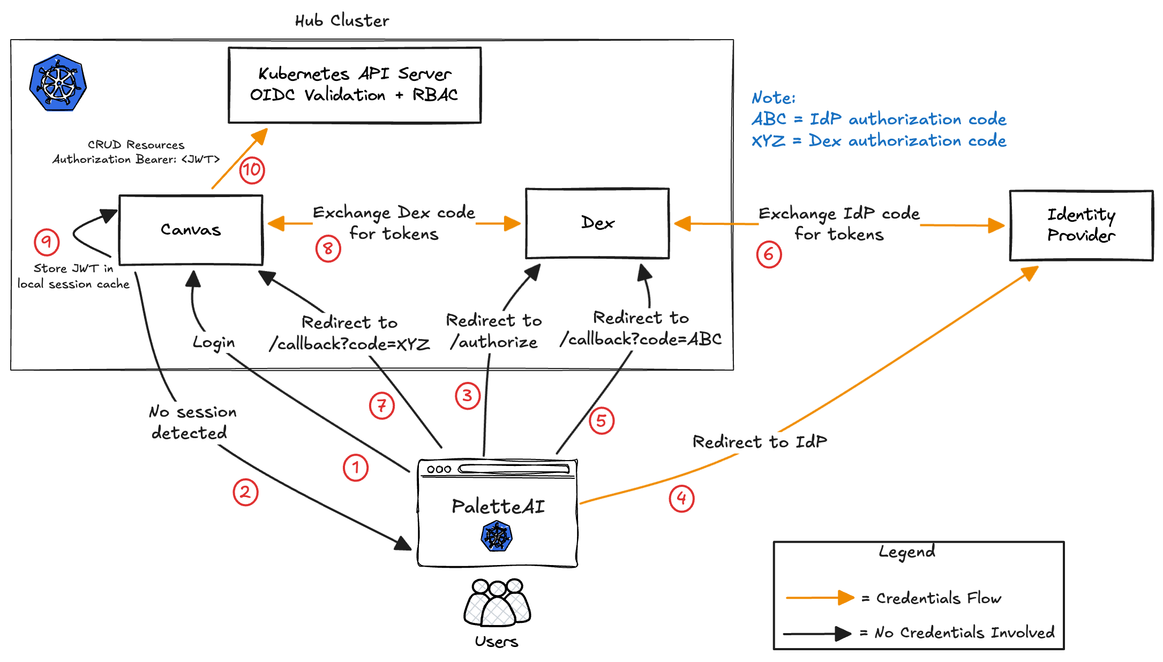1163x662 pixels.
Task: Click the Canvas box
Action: coord(191,230)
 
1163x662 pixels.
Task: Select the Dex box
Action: coord(597,223)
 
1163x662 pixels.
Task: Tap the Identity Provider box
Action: coord(1081,225)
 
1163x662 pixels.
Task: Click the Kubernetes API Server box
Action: coord(354,85)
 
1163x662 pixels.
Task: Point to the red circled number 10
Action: coord(252,170)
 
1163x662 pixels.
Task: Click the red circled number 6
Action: coord(769,254)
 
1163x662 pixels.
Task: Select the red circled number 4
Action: coord(681,499)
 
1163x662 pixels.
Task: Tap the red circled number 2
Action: coord(245,492)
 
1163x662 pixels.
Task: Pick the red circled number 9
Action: coord(47,242)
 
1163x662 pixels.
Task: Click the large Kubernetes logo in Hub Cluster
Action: coord(58,82)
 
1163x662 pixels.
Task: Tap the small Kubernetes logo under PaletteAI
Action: coord(497,537)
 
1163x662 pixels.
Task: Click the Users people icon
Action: coord(497,603)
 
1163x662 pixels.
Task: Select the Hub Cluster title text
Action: coord(342,20)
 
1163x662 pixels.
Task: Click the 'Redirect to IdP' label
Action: coord(760,442)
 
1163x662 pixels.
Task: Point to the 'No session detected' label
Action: coord(192,422)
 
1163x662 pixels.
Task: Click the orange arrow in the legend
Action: coord(820,598)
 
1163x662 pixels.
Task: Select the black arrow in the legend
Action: coord(817,634)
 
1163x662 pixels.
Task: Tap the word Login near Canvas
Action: coord(214,342)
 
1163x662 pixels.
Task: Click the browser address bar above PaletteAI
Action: coord(514,469)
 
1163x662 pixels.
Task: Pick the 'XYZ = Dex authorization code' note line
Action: coord(879,141)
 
